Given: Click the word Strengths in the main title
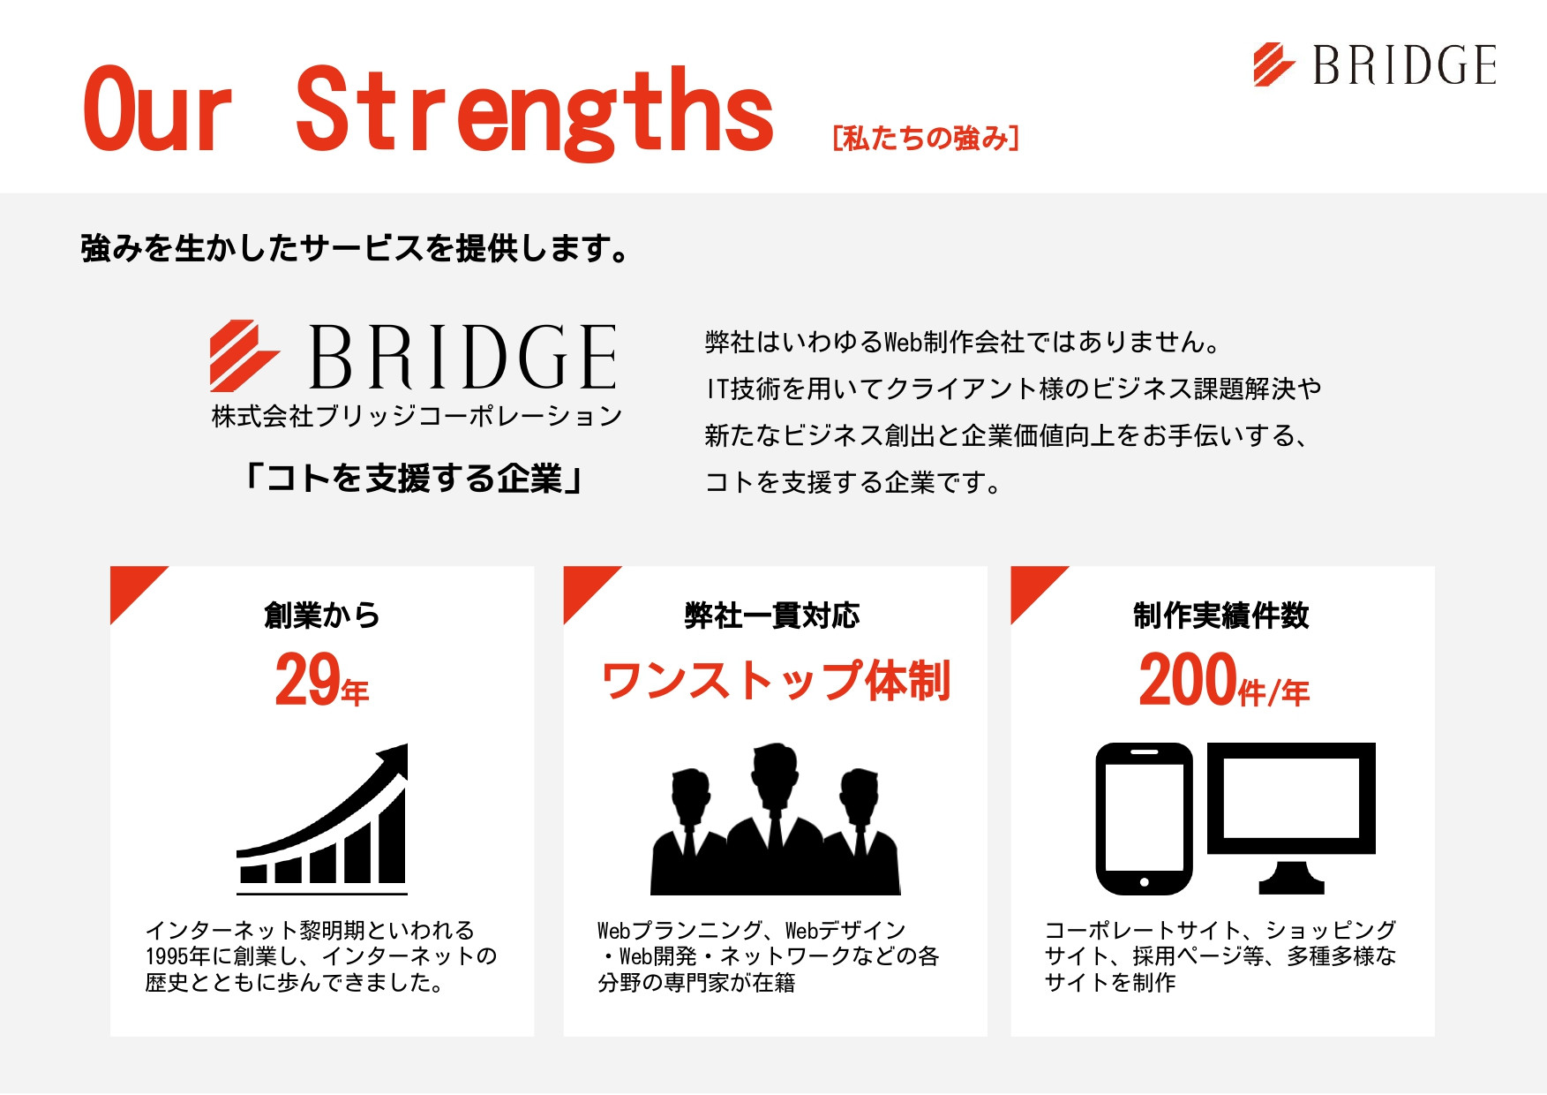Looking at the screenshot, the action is (x=535, y=112).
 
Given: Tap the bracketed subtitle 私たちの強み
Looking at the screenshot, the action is (x=926, y=138).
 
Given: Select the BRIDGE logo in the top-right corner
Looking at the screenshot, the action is (x=1375, y=64).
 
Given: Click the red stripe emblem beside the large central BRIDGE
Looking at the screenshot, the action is (x=243, y=355).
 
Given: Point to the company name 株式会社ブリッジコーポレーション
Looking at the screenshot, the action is (x=417, y=416).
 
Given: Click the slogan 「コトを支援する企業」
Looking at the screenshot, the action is (x=414, y=479).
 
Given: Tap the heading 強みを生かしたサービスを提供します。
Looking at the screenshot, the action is (x=355, y=248).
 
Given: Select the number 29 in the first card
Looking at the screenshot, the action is (x=307, y=679).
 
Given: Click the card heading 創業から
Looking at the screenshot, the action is (x=322, y=615).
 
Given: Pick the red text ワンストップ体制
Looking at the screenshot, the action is (x=776, y=681).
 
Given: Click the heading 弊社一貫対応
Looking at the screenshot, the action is (x=772, y=615).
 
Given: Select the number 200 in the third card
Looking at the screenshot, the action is (x=1188, y=679).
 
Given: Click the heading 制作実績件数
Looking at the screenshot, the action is (x=1221, y=615).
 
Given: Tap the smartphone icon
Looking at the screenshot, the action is (x=1144, y=819).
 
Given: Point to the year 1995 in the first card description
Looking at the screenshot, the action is (x=166, y=956).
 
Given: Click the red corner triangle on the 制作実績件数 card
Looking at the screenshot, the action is (x=1031, y=586).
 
